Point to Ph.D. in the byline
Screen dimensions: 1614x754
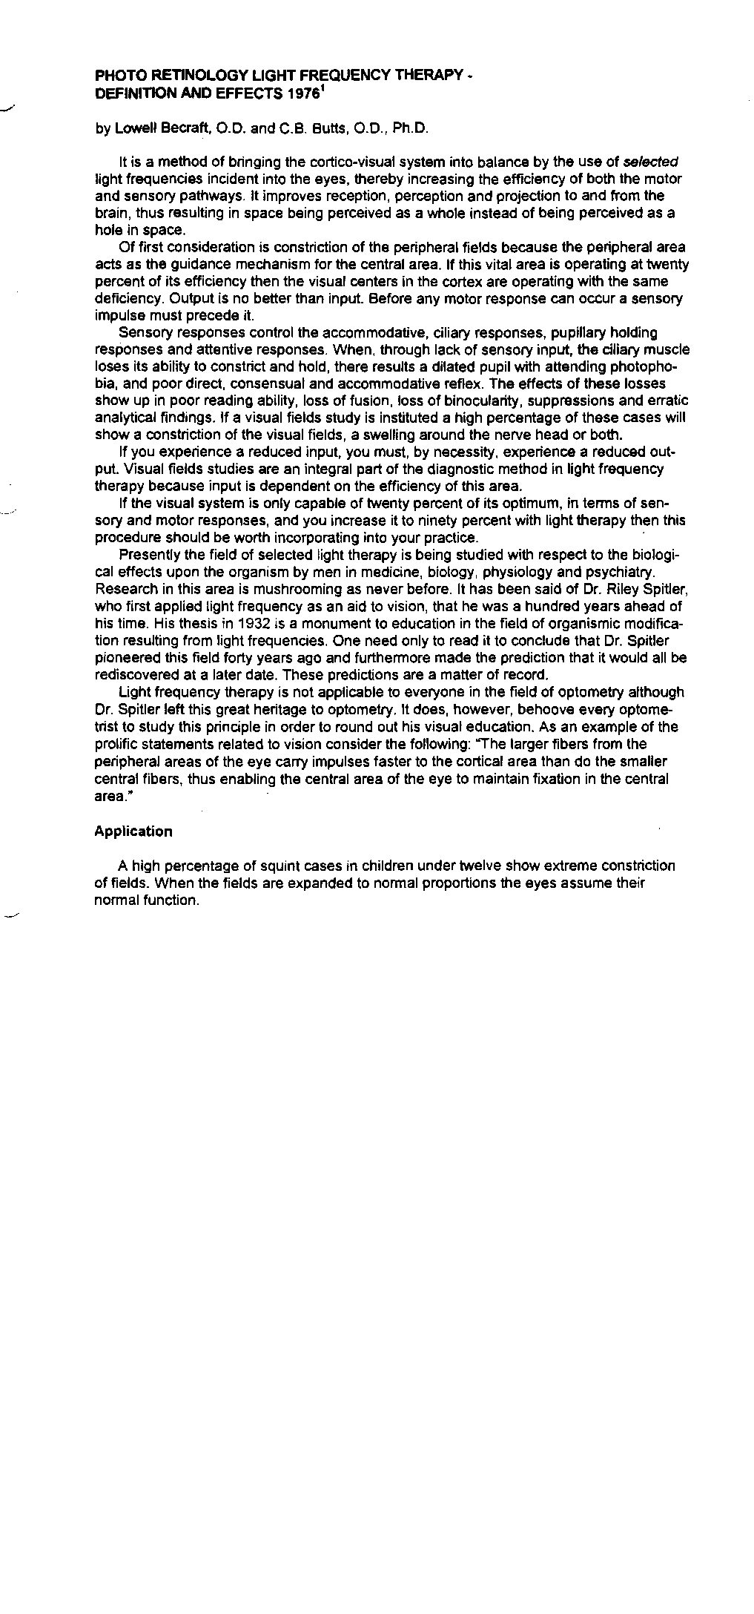411,128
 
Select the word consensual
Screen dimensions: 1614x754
298,383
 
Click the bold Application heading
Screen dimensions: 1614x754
133,831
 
